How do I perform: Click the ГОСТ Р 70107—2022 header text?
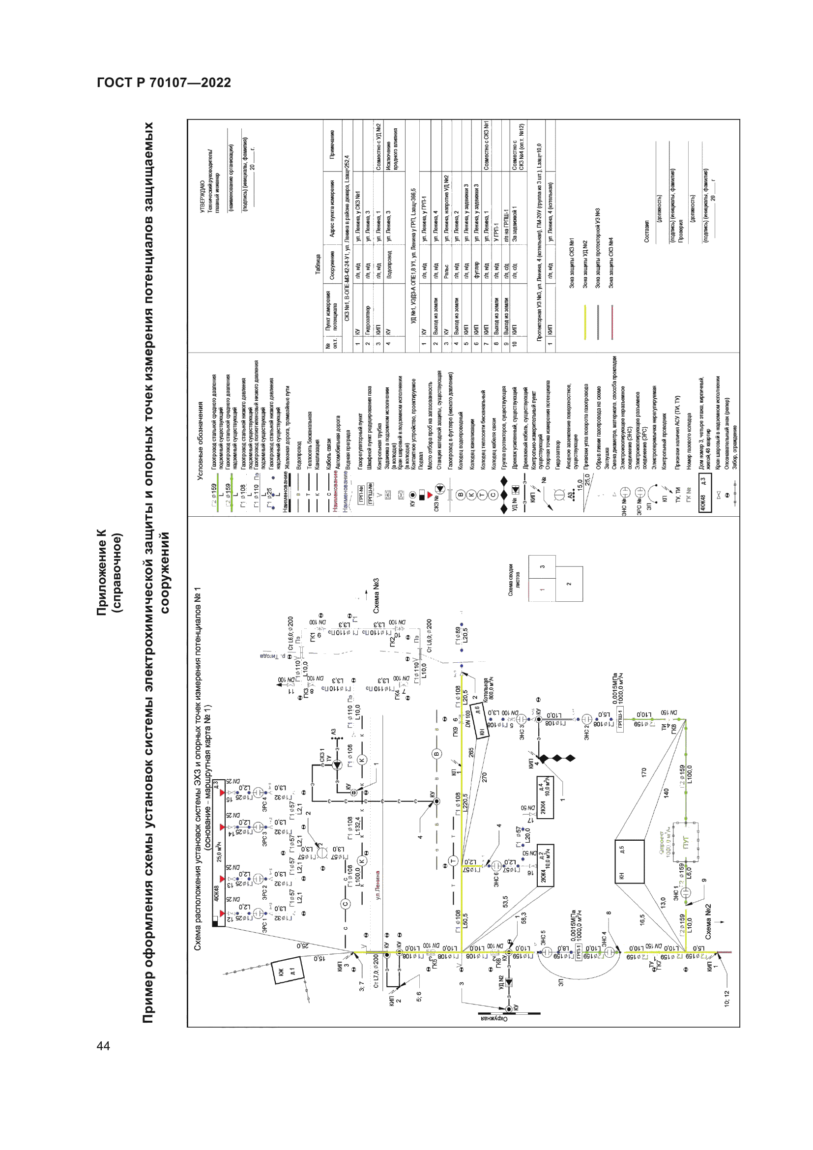(x=164, y=83)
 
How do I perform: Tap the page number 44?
(x=103, y=1045)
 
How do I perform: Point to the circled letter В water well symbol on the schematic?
(x=436, y=754)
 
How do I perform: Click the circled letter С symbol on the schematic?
(x=345, y=904)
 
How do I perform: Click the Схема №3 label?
(x=376, y=595)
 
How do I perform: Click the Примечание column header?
(x=332, y=145)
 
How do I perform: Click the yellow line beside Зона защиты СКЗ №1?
(x=585, y=322)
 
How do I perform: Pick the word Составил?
(x=646, y=232)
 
